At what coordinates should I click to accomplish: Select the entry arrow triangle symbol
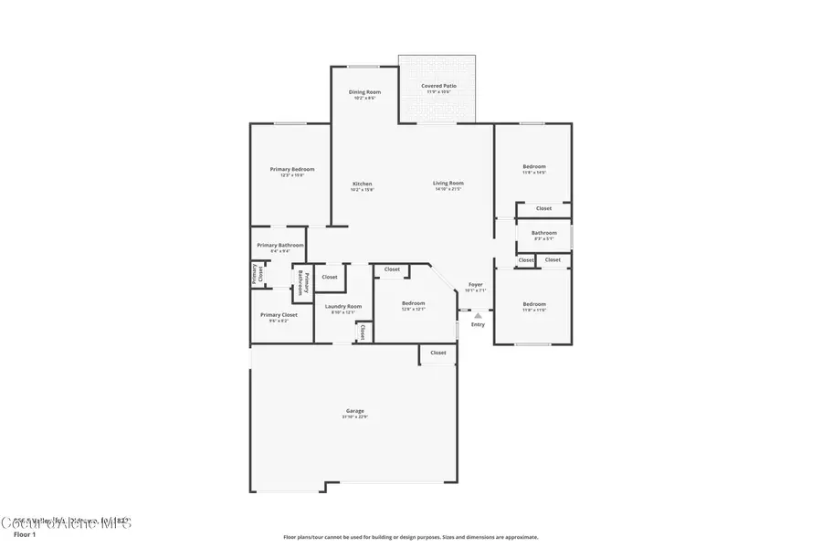pos(477,315)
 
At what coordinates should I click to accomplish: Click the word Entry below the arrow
pos(478,325)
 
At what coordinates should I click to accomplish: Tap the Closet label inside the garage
pos(438,353)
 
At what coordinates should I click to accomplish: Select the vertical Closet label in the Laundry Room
pos(363,331)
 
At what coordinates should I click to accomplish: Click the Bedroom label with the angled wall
pos(413,305)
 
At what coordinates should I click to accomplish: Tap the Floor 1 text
pos(25,534)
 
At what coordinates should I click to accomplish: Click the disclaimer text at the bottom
pos(411,537)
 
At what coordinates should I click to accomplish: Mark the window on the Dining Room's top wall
pos(364,66)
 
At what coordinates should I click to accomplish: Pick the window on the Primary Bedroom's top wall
pos(290,123)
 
